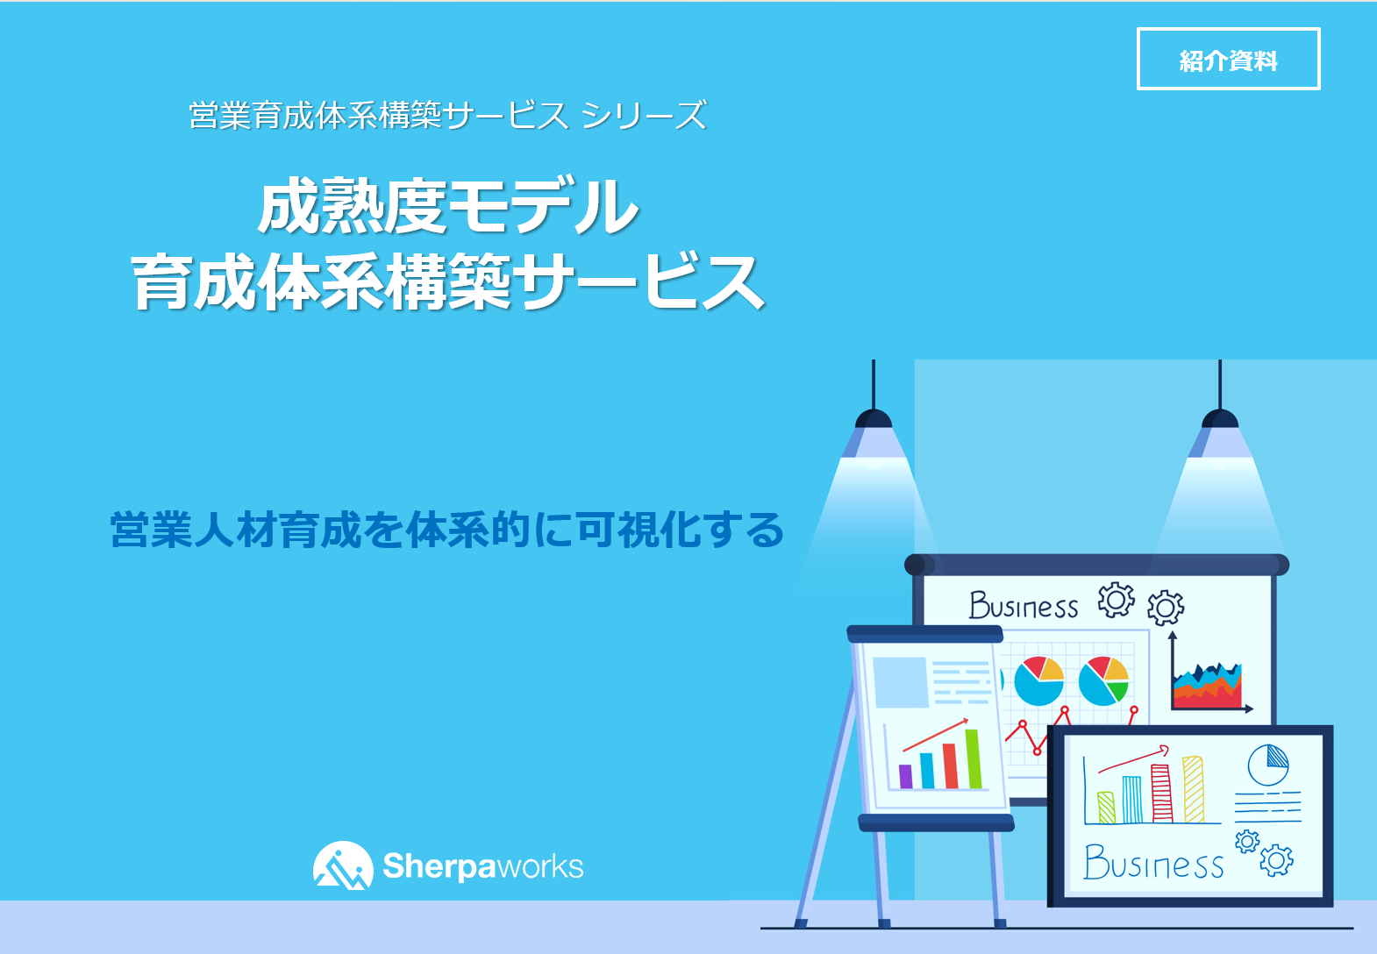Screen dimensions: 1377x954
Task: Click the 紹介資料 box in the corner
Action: click(1228, 59)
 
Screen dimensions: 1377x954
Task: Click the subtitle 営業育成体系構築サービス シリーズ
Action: click(448, 115)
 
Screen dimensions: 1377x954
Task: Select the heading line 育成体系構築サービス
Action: click(448, 281)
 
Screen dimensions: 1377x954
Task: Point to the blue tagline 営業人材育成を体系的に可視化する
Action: click(447, 530)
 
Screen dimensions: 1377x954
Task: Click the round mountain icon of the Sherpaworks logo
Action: click(343, 865)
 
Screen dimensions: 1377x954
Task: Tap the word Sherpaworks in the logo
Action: click(483, 866)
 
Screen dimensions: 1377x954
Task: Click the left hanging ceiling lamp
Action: click(874, 424)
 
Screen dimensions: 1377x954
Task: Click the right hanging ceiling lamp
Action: click(1220, 424)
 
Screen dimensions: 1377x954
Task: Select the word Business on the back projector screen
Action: click(1023, 606)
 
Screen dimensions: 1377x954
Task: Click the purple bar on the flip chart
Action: click(905, 776)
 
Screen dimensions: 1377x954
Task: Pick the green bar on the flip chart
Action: click(974, 758)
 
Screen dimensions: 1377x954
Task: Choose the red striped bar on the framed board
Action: click(1162, 793)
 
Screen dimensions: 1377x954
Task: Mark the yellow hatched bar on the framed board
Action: click(1193, 789)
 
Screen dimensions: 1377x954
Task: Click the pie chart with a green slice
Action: click(1104, 680)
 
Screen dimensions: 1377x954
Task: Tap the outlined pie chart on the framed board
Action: click(1268, 765)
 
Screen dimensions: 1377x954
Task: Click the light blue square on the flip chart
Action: click(901, 682)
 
